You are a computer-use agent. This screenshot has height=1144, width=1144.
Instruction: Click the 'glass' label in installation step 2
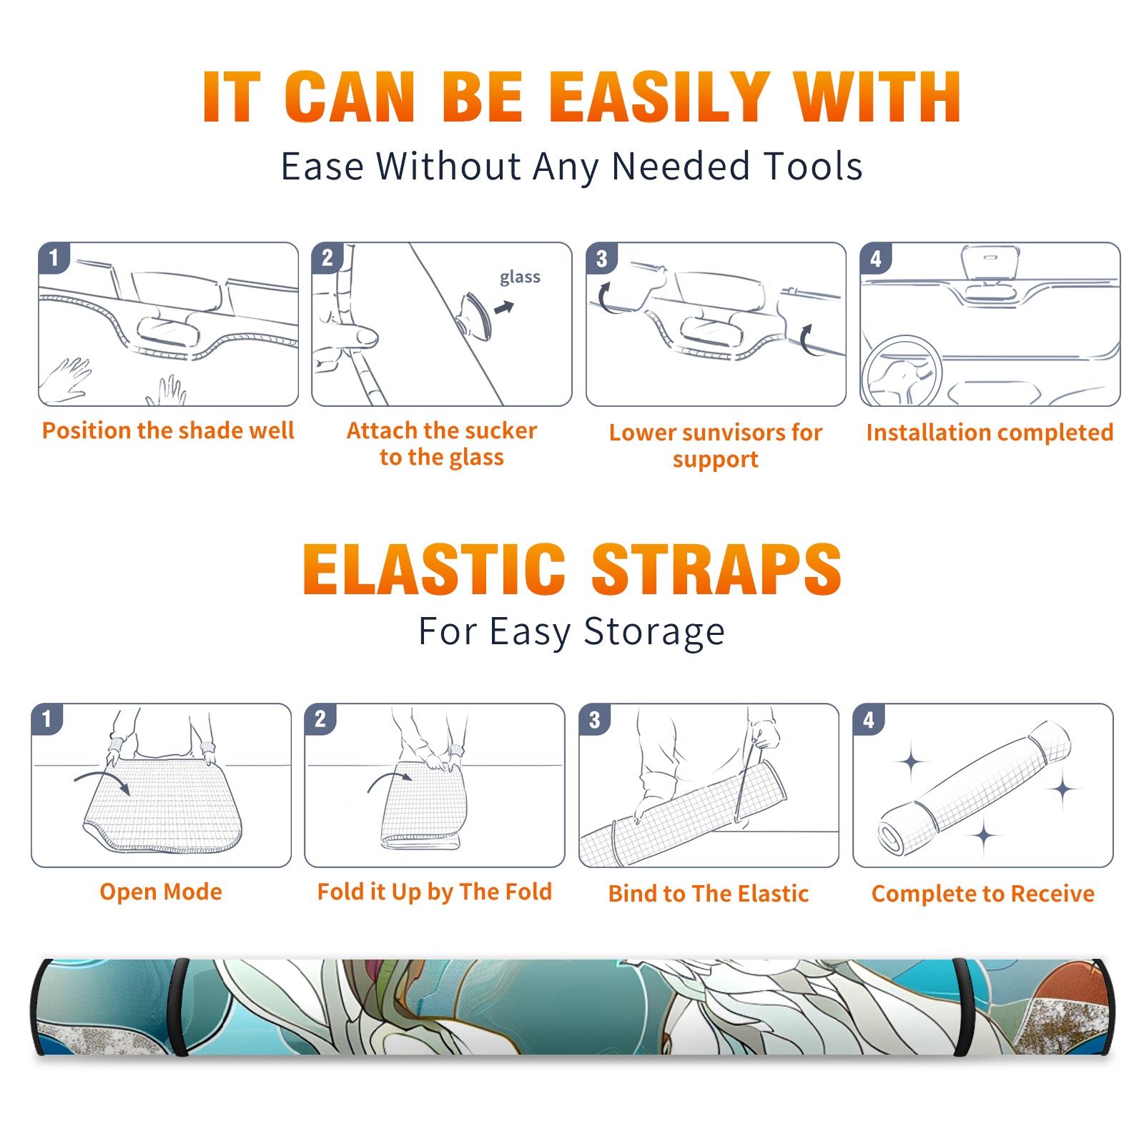(x=520, y=277)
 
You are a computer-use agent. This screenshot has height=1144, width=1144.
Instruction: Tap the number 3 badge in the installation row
(x=601, y=258)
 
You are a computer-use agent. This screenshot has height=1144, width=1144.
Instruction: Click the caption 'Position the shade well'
(x=168, y=430)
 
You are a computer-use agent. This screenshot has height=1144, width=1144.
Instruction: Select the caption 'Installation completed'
(x=990, y=433)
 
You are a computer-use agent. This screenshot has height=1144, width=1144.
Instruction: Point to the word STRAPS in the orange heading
(x=716, y=569)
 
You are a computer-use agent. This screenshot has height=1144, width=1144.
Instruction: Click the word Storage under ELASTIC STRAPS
(x=654, y=632)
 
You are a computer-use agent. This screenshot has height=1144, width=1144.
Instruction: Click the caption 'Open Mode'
(x=161, y=892)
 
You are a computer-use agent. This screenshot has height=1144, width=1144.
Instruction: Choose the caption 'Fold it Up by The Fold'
(x=435, y=892)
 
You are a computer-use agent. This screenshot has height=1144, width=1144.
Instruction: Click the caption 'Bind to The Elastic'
(x=709, y=894)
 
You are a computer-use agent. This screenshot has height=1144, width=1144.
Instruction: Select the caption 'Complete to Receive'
(x=983, y=894)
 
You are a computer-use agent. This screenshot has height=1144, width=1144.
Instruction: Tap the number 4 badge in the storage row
(x=869, y=719)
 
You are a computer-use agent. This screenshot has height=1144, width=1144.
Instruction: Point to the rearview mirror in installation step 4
(x=990, y=262)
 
